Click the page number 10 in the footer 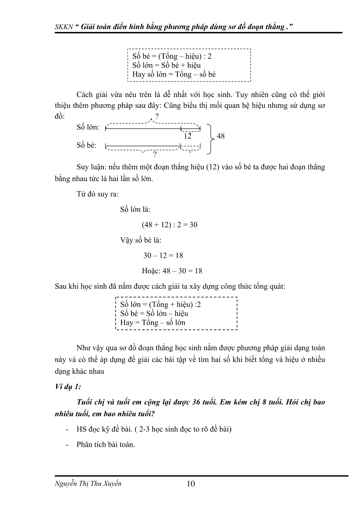(x=191, y=484)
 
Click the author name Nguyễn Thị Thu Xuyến (x=88, y=484)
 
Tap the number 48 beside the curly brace (x=220, y=136)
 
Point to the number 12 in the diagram (x=187, y=136)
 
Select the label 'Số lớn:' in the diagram (x=88, y=127)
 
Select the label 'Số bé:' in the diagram (x=86, y=145)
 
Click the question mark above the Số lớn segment (x=157, y=117)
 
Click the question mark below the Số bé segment (x=155, y=155)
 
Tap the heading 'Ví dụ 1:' (x=68, y=387)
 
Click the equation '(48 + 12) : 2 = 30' (x=169, y=225)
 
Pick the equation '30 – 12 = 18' (x=163, y=256)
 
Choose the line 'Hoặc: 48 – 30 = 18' (x=172, y=271)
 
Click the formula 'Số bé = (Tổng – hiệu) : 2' (x=172, y=56)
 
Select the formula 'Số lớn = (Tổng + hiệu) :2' (x=160, y=304)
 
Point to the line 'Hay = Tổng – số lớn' (x=153, y=322)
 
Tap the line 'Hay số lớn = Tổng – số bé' (x=174, y=74)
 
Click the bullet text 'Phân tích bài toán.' (x=106, y=444)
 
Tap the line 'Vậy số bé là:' (x=141, y=240)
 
